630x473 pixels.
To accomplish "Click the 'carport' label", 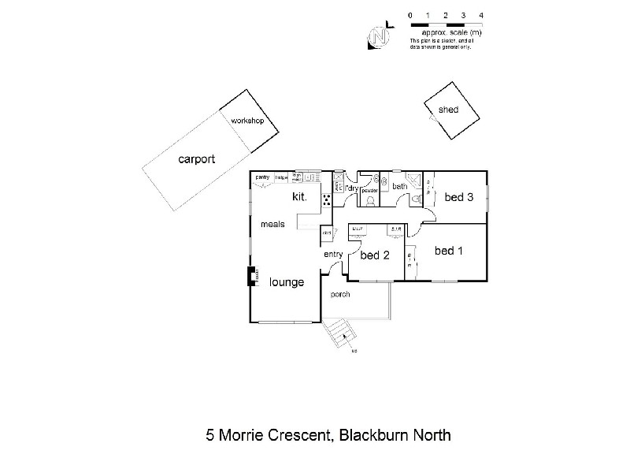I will (196, 159).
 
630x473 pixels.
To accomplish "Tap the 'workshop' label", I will (246, 122).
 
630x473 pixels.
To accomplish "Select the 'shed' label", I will (448, 110).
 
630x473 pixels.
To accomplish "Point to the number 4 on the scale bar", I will (481, 15).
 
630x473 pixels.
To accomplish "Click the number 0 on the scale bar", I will (409, 15).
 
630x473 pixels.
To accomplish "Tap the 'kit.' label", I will (300, 196).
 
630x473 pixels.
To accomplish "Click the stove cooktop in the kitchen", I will (325, 199).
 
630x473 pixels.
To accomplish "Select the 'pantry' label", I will (262, 177).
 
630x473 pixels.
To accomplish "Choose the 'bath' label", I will (399, 187).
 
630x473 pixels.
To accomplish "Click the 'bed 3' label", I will (458, 197).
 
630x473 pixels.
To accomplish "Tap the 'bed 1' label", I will (449, 251).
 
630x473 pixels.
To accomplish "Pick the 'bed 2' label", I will (375, 255).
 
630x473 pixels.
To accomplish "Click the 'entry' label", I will (333, 254).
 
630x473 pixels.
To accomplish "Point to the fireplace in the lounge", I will (252, 277).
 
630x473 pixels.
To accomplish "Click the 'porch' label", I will (340, 294).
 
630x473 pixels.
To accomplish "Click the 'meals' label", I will (272, 225).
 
